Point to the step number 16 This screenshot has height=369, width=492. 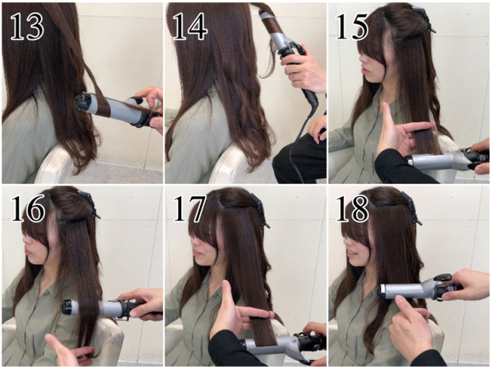click(x=28, y=207)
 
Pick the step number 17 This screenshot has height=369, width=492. click(x=190, y=207)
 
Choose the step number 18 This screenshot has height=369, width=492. click(x=352, y=207)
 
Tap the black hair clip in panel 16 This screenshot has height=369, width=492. click(x=89, y=203)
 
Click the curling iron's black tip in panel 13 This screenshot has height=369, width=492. click(x=83, y=102)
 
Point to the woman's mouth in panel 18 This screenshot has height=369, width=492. click(x=353, y=253)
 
